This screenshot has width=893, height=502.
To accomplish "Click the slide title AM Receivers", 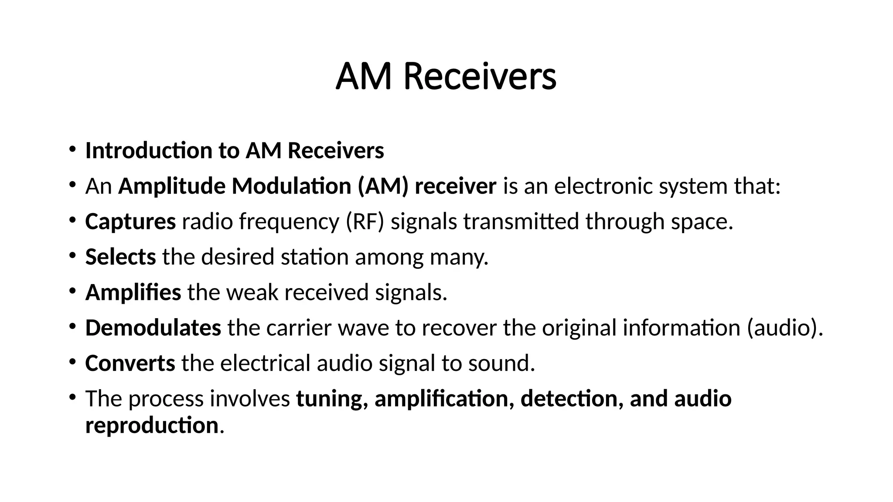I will pyautogui.click(x=446, y=77).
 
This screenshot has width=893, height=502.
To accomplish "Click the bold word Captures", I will pyautogui.click(x=130, y=221).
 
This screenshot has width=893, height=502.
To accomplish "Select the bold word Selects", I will pyautogui.click(x=120, y=257).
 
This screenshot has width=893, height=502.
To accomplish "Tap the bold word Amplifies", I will pyautogui.click(x=133, y=292).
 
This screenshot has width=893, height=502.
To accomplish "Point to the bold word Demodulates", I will pyautogui.click(x=153, y=328).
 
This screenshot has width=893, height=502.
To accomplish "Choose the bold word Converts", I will pyautogui.click(x=130, y=363).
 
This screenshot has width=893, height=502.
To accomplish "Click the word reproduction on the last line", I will pyautogui.click(x=151, y=425).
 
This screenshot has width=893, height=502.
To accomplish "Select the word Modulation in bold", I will pyautogui.click(x=291, y=186).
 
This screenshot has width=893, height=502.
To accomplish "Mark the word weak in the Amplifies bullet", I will pyautogui.click(x=252, y=292).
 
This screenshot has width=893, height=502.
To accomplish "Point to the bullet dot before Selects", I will pyautogui.click(x=72, y=256).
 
